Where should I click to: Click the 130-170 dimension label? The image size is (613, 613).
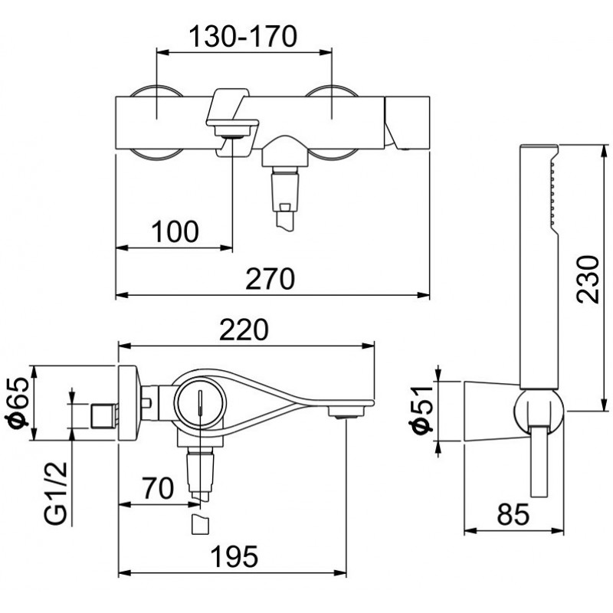coord(243,36)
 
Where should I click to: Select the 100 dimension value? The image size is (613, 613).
coord(175,231)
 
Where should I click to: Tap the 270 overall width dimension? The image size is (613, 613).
coord(270,279)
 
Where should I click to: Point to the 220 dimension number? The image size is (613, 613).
coord(244,329)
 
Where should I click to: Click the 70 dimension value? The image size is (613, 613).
coord(158,488)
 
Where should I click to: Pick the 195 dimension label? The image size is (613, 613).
coord(234,556)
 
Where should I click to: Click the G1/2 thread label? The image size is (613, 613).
coord(55,493)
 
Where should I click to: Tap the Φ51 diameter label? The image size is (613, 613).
coord(421,410)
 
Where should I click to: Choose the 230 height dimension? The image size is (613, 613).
coord(588,279)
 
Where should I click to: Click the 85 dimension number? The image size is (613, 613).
coord(513,514)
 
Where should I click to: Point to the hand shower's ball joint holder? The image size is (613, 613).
coord(539,412)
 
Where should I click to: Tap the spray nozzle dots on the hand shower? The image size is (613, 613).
coord(552,193)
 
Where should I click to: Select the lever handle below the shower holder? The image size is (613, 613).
coord(539,461)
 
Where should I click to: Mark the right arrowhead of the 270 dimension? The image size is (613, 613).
coord(424,295)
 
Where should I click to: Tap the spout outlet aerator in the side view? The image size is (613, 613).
coord(346,412)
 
